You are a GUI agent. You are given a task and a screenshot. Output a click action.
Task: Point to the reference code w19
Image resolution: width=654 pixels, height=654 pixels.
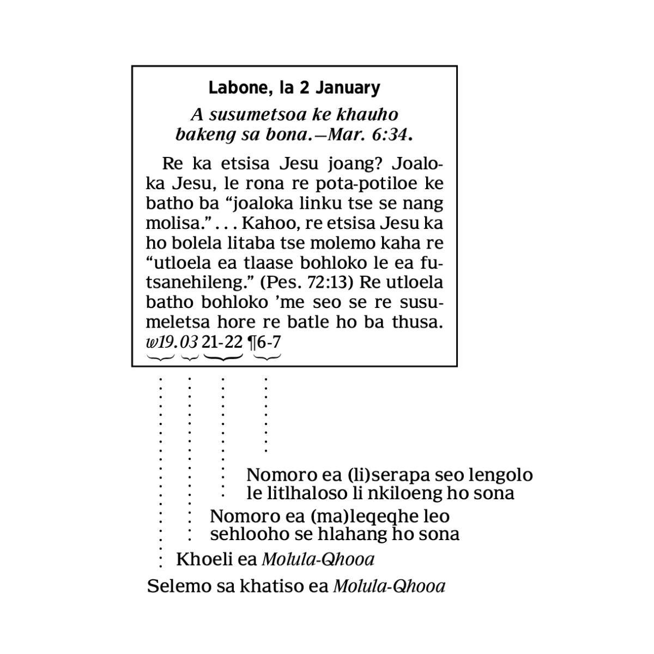[x=160, y=342]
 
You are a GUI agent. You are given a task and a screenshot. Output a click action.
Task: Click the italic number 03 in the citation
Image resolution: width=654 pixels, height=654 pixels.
[x=189, y=342]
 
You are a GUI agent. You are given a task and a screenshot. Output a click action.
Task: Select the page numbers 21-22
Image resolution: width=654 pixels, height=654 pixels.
[x=222, y=342]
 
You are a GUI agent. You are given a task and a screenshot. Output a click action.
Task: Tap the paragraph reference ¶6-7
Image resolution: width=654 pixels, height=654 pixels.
[x=265, y=342]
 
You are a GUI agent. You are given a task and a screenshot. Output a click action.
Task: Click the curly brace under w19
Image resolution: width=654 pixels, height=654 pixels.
[x=160, y=358]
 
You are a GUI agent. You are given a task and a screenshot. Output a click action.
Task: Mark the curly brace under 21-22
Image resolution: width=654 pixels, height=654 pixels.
[x=222, y=358]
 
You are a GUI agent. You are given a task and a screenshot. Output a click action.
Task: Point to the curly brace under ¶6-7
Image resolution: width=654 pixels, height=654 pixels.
[x=268, y=358]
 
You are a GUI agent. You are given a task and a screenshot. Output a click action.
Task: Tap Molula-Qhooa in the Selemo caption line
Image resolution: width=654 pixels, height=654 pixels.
[x=389, y=586]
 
